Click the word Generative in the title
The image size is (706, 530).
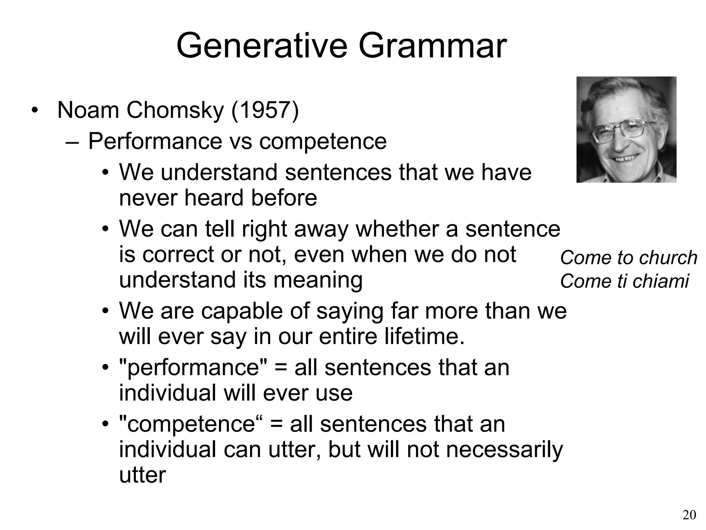(262, 46)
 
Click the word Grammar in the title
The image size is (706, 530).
(432, 46)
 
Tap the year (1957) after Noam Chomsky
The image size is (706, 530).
(265, 110)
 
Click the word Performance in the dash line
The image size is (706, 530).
(155, 141)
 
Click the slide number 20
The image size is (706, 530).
(689, 515)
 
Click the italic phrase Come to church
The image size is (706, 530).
(628, 258)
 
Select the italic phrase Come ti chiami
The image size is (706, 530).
(624, 281)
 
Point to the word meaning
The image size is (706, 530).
(317, 280)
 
